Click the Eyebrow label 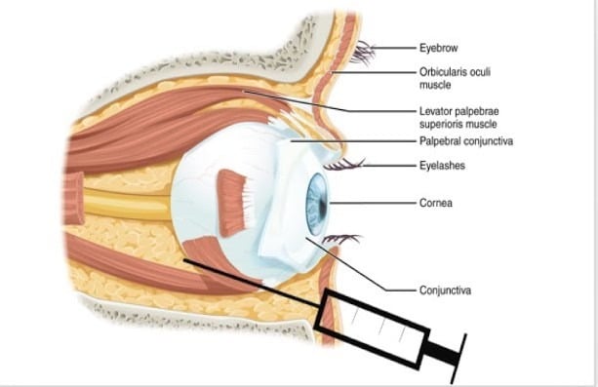pos(439,48)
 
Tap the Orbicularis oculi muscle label pos(455,78)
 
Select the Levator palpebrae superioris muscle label pos(459,117)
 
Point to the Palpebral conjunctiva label pos(466,141)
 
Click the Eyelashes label pos(442,166)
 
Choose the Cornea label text pos(436,203)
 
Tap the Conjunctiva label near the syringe pos(445,290)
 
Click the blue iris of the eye pos(316,204)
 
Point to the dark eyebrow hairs pos(363,52)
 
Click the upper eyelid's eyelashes pos(343,165)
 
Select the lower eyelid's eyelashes pos(340,239)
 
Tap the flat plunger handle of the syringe pos(458,359)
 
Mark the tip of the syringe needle pos(184,260)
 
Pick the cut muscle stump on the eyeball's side pos(232,203)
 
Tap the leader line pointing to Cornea pos(373,203)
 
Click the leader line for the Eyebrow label pos(393,48)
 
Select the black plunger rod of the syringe pos(442,352)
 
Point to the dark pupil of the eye pos(323,206)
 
